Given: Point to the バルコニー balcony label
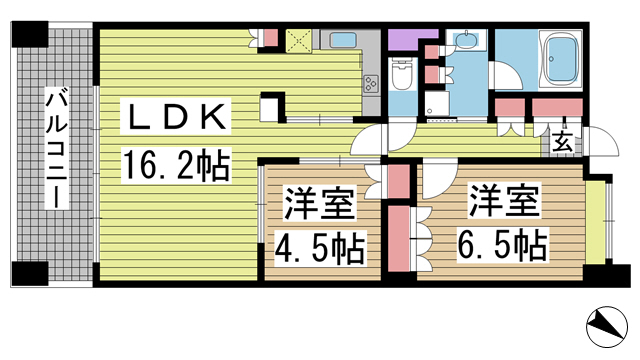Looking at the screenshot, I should pos(57,149).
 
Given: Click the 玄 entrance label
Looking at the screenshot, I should pos(562,142).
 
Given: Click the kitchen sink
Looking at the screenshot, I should pos(343,41).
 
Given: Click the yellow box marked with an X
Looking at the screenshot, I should pos(299,41).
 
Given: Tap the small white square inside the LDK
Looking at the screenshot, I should pos(269,105).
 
